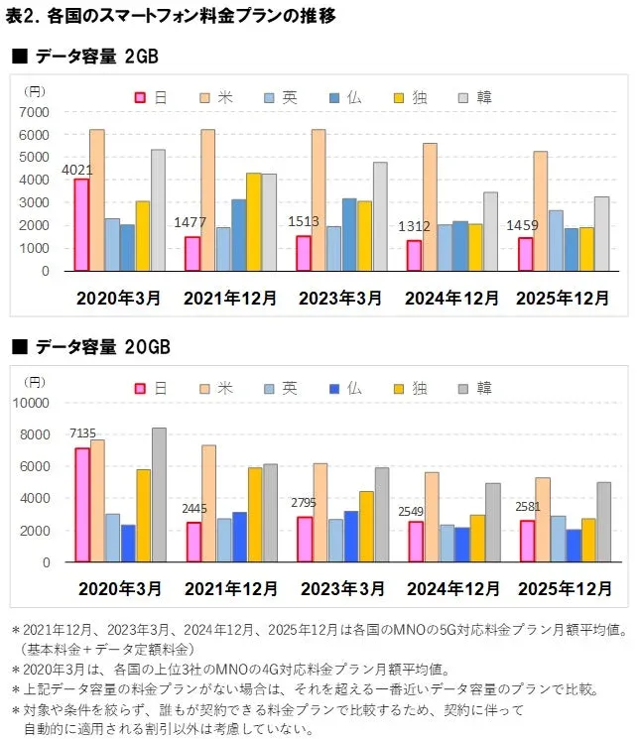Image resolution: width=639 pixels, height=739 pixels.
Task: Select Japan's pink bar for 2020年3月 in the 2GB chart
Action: coord(81,225)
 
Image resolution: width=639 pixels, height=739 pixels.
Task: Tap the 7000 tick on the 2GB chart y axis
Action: coord(35,111)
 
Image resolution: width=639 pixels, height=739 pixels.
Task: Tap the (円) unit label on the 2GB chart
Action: coord(32,90)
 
